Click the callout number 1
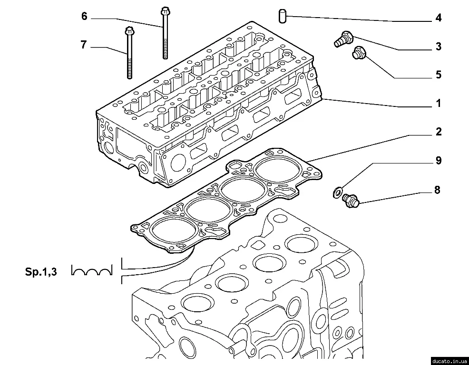pos(438,103)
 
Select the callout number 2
pos(438,132)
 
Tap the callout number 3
pos(438,47)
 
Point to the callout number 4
pos(438,18)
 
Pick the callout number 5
pos(438,75)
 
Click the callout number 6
pos(84,17)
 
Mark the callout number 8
pos(437,190)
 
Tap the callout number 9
pos(438,161)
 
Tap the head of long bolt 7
pos(128,32)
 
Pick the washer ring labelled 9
pos(337,192)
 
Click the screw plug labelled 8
pos(352,200)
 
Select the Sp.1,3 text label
pos(41,272)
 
